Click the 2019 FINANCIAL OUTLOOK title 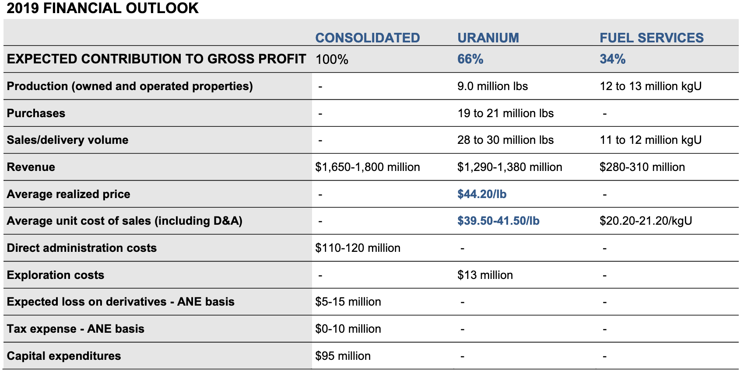click(103, 8)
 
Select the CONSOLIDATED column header click(367, 38)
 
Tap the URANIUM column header click(488, 38)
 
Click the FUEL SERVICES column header click(651, 38)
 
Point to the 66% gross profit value click(470, 59)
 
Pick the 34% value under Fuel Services click(612, 59)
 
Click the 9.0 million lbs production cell click(492, 86)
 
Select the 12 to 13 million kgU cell click(650, 86)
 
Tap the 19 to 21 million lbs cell click(505, 113)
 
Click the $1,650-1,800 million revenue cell click(367, 167)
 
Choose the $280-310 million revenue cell click(642, 167)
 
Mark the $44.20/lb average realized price click(481, 194)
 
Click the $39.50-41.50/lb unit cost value click(498, 221)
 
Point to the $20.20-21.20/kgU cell click(646, 221)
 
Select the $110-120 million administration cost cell click(358, 248)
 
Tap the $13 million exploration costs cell click(485, 275)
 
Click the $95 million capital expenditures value click(343, 356)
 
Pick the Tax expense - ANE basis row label click(75, 329)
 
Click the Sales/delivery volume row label click(67, 140)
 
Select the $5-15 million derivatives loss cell click(348, 302)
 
